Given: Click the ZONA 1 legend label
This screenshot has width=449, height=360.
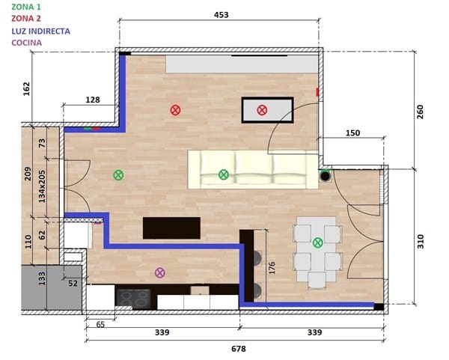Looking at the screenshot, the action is pos(26,7).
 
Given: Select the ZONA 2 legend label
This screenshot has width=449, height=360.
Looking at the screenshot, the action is pos(26,19).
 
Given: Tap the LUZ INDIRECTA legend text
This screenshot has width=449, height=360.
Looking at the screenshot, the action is pos(41,31).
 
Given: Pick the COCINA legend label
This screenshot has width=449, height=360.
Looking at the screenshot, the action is pos(27,43).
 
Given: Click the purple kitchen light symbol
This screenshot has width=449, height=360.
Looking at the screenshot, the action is pos(160,272).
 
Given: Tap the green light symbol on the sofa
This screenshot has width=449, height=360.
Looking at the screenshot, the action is pos(223,174).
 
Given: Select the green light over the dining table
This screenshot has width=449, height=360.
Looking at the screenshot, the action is pos(318,242).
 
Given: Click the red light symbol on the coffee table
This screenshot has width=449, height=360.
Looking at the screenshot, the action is pos(262,110).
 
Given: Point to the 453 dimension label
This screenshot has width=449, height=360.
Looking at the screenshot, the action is pos(221,15).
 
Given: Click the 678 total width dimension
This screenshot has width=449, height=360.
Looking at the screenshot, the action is pos(239,349).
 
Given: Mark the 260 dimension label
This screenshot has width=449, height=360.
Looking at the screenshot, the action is pos(420,112).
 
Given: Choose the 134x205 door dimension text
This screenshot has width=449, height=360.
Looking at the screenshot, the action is pos(42,186).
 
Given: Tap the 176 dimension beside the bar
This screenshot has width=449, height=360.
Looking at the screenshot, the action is pos(272,268).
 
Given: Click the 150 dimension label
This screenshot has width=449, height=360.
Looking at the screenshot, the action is pos(352,133).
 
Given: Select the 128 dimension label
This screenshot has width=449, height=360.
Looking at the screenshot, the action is pos(93,100).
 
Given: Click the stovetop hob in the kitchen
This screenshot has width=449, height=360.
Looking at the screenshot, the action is pos(133,299).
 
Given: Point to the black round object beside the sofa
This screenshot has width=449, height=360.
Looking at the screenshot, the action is pos(326,176).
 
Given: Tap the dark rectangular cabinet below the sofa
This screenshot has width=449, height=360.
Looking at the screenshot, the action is pos(171,228).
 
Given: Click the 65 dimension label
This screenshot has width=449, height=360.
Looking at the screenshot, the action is pos(100,325).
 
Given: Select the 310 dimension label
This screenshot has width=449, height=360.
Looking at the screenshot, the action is pos(420,241).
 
